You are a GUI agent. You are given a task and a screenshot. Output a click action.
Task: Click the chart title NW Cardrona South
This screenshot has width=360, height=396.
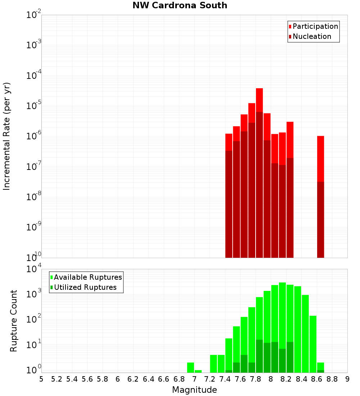(x=180, y=5)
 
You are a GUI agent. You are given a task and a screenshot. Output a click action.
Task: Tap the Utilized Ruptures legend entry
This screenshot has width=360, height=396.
(x=85, y=287)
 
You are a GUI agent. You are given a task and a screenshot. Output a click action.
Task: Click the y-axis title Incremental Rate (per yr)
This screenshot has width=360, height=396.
(x=7, y=136)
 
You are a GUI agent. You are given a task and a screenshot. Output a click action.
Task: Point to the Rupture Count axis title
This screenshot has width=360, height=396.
(x=14, y=320)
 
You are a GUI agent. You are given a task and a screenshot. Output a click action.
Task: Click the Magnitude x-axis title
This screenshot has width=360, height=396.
(x=194, y=390)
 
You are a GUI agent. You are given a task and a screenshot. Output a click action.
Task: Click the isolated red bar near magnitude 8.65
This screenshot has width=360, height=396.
(x=321, y=158)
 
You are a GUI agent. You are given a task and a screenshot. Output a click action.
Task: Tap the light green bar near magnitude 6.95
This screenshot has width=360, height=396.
(x=191, y=368)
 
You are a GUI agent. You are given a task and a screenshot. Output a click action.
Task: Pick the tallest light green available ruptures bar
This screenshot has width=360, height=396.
(x=282, y=324)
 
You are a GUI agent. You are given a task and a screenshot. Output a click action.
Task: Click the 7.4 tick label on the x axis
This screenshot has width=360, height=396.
(x=225, y=379)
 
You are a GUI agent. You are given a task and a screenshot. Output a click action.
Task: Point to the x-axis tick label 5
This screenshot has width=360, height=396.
(x=41, y=379)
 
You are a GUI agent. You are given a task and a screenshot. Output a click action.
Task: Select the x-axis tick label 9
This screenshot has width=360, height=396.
(x=347, y=379)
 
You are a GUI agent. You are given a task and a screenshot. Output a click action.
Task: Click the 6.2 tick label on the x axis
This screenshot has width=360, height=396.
(x=133, y=379)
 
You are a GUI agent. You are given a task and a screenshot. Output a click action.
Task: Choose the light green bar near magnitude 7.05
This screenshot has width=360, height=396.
(x=198, y=371)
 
